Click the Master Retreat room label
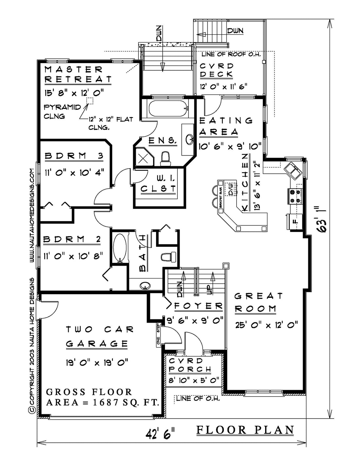pyautogui.click(x=78, y=74)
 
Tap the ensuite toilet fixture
pyautogui.click(x=166, y=159)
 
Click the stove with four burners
pyautogui.click(x=295, y=196)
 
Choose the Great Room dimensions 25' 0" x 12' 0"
pyautogui.click(x=267, y=325)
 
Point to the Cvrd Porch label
pyautogui.click(x=190, y=365)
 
